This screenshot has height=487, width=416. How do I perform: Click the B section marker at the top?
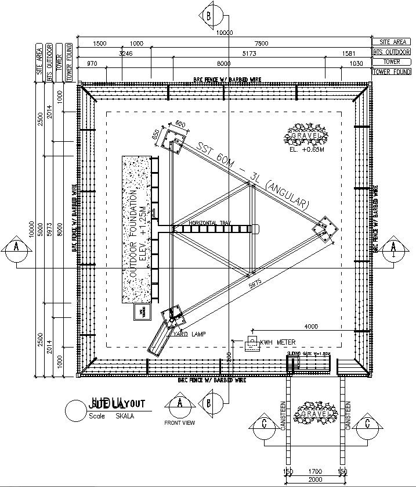(208, 16)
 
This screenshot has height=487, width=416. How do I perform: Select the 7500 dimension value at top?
(262, 44)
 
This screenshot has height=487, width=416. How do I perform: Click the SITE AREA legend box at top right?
(393, 42)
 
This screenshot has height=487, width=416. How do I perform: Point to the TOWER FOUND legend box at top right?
(393, 71)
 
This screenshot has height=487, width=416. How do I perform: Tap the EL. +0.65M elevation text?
(306, 150)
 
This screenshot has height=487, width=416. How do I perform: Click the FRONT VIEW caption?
(180, 423)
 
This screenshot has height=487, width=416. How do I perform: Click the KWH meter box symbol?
(252, 342)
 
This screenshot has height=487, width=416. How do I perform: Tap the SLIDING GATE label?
(308, 353)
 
